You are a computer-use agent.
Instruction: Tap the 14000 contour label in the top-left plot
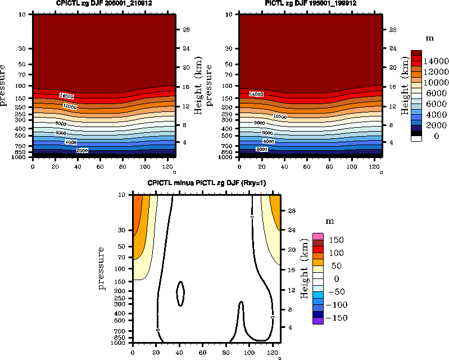66,95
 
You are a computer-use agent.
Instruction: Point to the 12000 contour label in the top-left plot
70,106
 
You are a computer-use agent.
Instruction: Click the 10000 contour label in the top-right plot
280,116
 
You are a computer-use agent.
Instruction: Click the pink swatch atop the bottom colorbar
318,236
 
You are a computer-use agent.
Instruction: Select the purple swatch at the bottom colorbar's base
318,321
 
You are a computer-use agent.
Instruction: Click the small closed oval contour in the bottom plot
180,293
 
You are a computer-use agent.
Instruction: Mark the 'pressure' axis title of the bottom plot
102,268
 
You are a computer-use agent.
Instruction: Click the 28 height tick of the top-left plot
185,29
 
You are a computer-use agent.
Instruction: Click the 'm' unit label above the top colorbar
429,38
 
